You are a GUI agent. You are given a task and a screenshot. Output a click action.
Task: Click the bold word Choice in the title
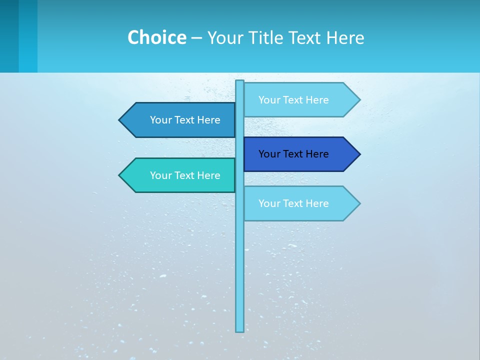click(x=156, y=37)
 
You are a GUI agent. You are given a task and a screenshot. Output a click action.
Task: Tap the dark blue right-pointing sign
click(x=300, y=154)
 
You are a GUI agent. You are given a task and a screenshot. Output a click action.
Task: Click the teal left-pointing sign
click(x=177, y=175)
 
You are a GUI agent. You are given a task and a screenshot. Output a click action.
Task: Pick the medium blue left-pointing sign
click(x=177, y=120)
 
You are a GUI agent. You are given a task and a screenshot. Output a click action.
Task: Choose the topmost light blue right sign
click(x=300, y=100)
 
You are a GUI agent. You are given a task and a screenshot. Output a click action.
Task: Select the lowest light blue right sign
click(x=300, y=203)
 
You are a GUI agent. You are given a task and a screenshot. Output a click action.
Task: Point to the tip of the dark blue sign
click(x=358, y=154)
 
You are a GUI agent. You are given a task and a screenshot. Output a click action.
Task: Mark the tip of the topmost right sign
click(x=358, y=100)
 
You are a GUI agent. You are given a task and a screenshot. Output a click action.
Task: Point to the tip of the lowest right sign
click(x=358, y=203)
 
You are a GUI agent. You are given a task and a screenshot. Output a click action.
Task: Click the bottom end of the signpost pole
click(x=240, y=330)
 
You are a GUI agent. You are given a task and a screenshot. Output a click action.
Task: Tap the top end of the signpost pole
click(x=240, y=82)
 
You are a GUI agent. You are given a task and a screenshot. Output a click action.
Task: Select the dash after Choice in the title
click(x=196, y=37)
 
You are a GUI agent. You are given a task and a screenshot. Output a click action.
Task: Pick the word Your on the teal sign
click(x=160, y=175)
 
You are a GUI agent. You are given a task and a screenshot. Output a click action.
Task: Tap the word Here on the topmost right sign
click(x=317, y=100)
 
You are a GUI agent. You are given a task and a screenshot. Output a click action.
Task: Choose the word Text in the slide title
click(x=305, y=37)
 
